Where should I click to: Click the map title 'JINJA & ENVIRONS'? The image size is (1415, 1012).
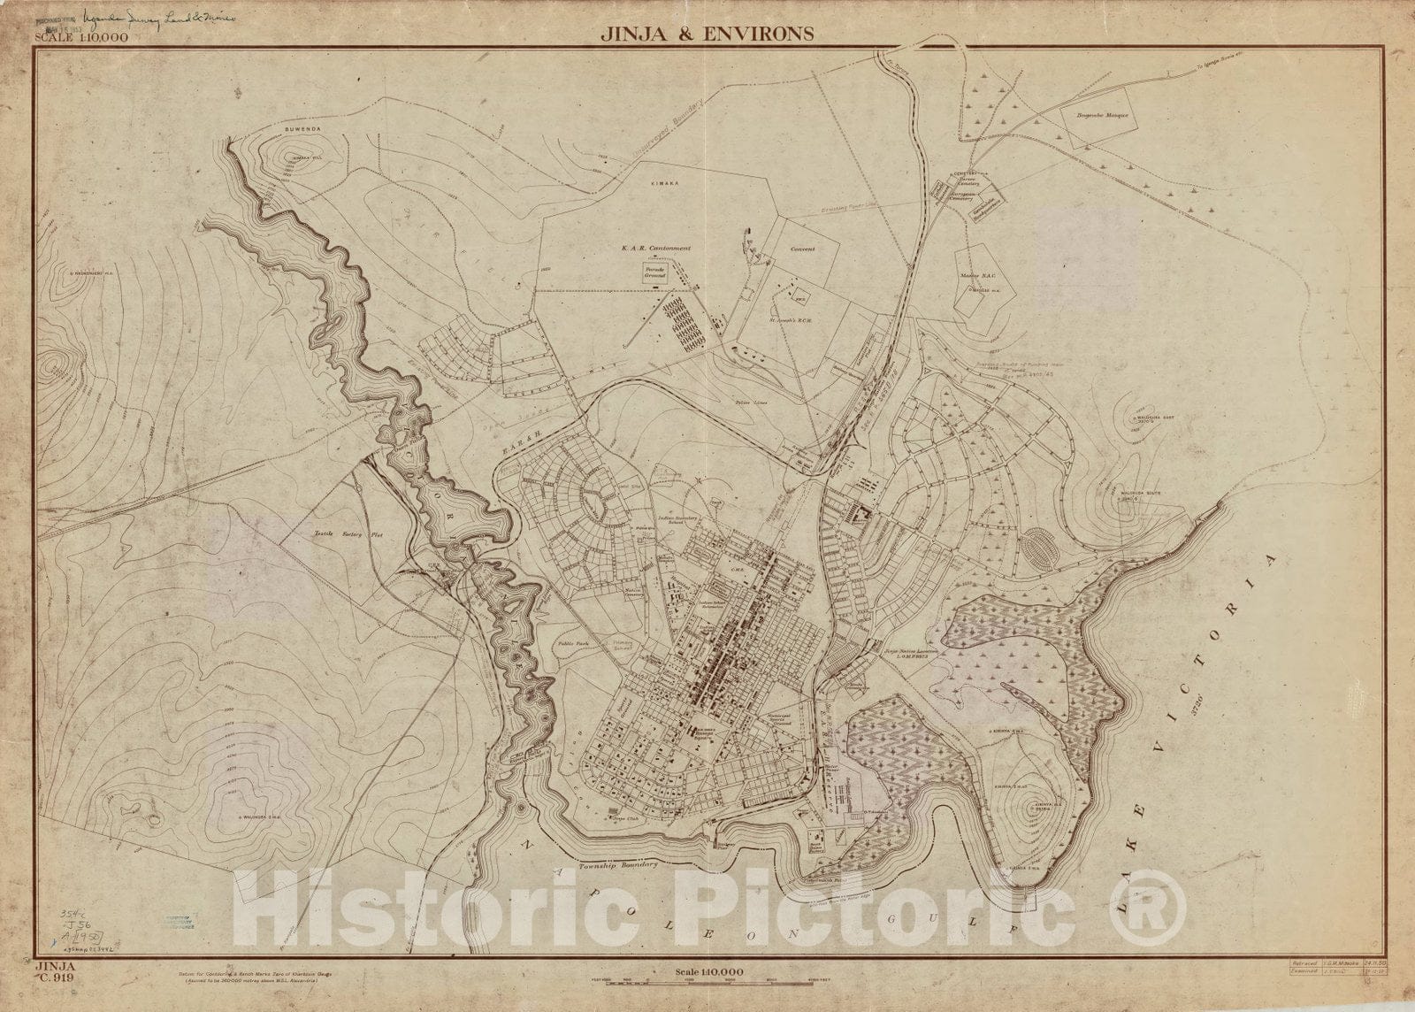(x=707, y=34)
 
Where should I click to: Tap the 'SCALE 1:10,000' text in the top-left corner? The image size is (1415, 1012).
(x=81, y=38)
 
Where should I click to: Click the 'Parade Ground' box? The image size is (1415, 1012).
(x=655, y=274)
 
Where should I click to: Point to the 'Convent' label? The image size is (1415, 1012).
(x=802, y=249)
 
